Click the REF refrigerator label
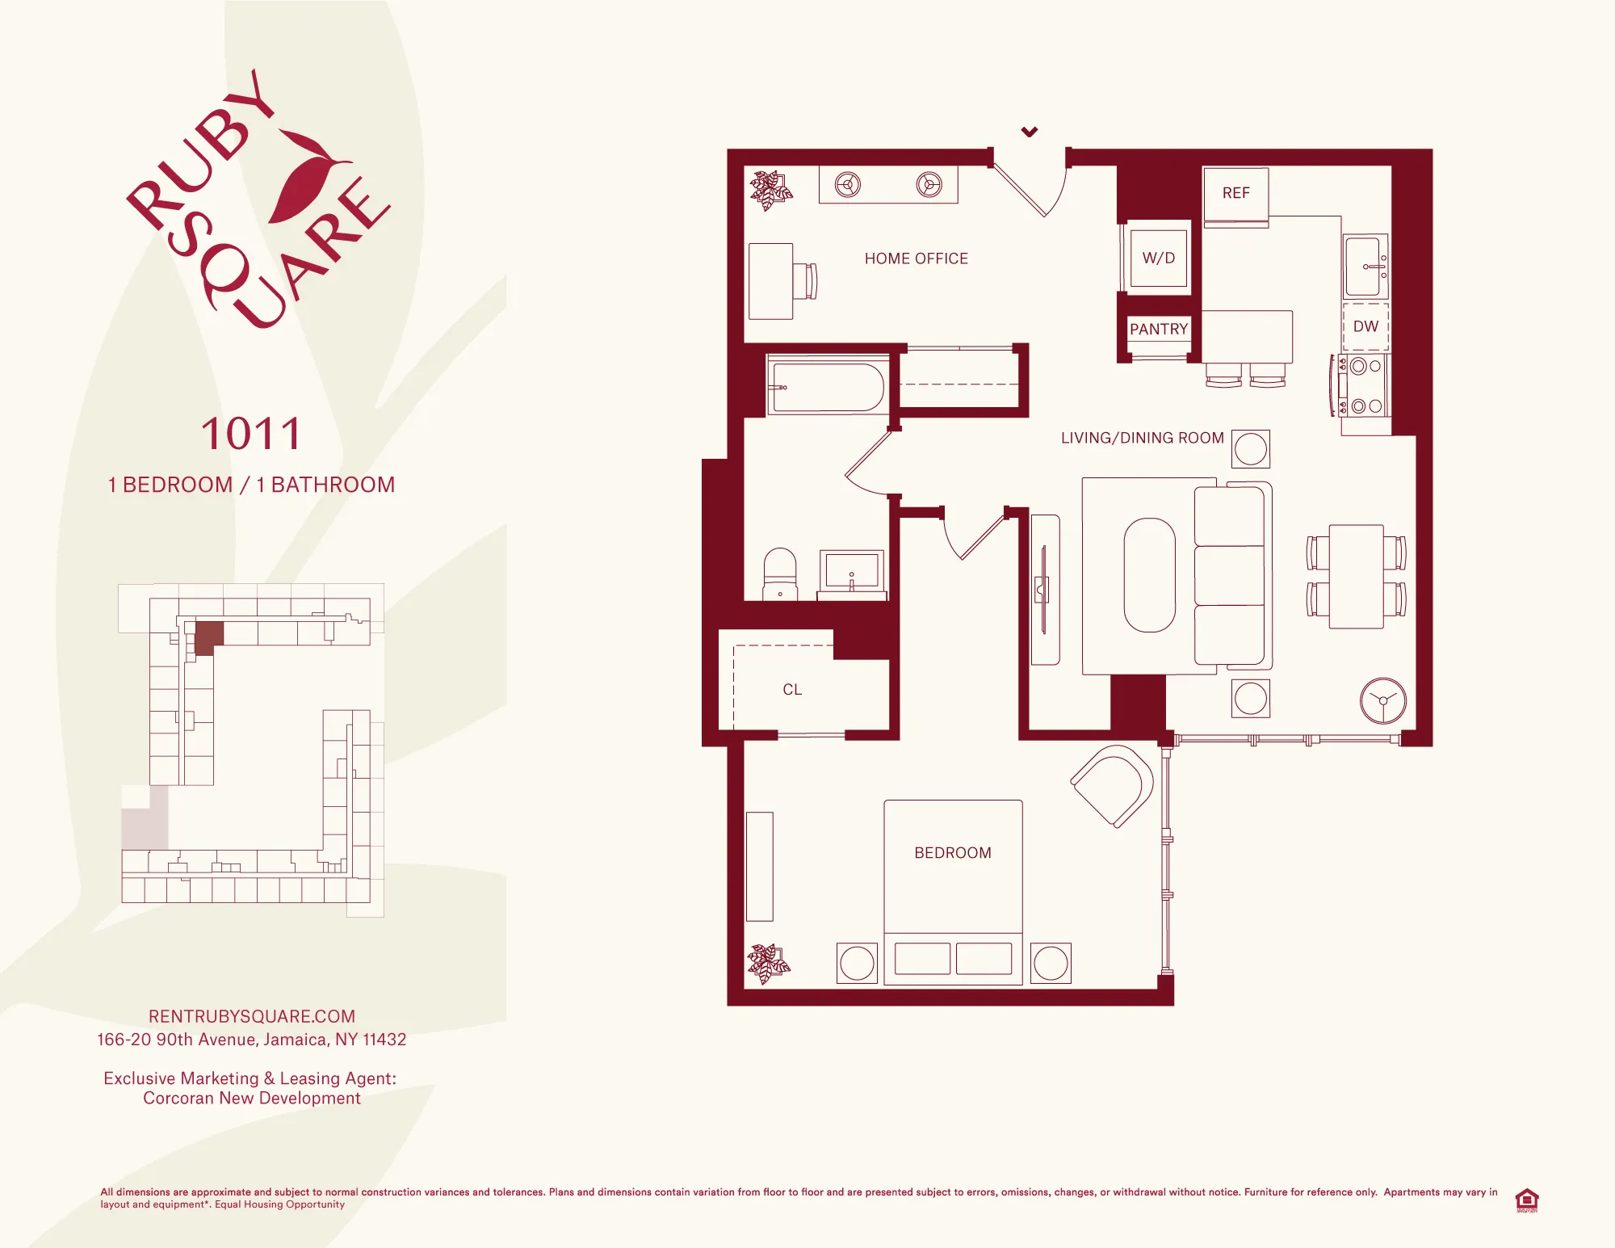click(x=1235, y=193)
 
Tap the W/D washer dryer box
click(x=1158, y=258)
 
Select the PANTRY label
click(x=1158, y=329)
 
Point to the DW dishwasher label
click(x=1365, y=326)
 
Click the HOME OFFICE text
click(x=916, y=258)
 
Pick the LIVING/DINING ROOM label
click(x=1142, y=438)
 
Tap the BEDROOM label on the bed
click(x=953, y=853)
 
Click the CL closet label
click(x=792, y=690)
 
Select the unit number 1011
click(x=251, y=434)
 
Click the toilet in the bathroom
click(x=780, y=574)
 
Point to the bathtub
click(x=828, y=388)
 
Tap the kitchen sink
click(x=1365, y=266)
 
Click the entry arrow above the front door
click(x=1030, y=132)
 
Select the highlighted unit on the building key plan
click(x=208, y=637)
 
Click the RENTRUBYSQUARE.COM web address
click(x=251, y=1016)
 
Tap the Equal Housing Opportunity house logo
click(x=1526, y=1200)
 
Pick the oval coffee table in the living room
click(x=1149, y=574)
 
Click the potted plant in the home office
click(x=770, y=190)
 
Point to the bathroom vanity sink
click(x=851, y=571)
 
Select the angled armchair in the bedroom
click(x=1114, y=785)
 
